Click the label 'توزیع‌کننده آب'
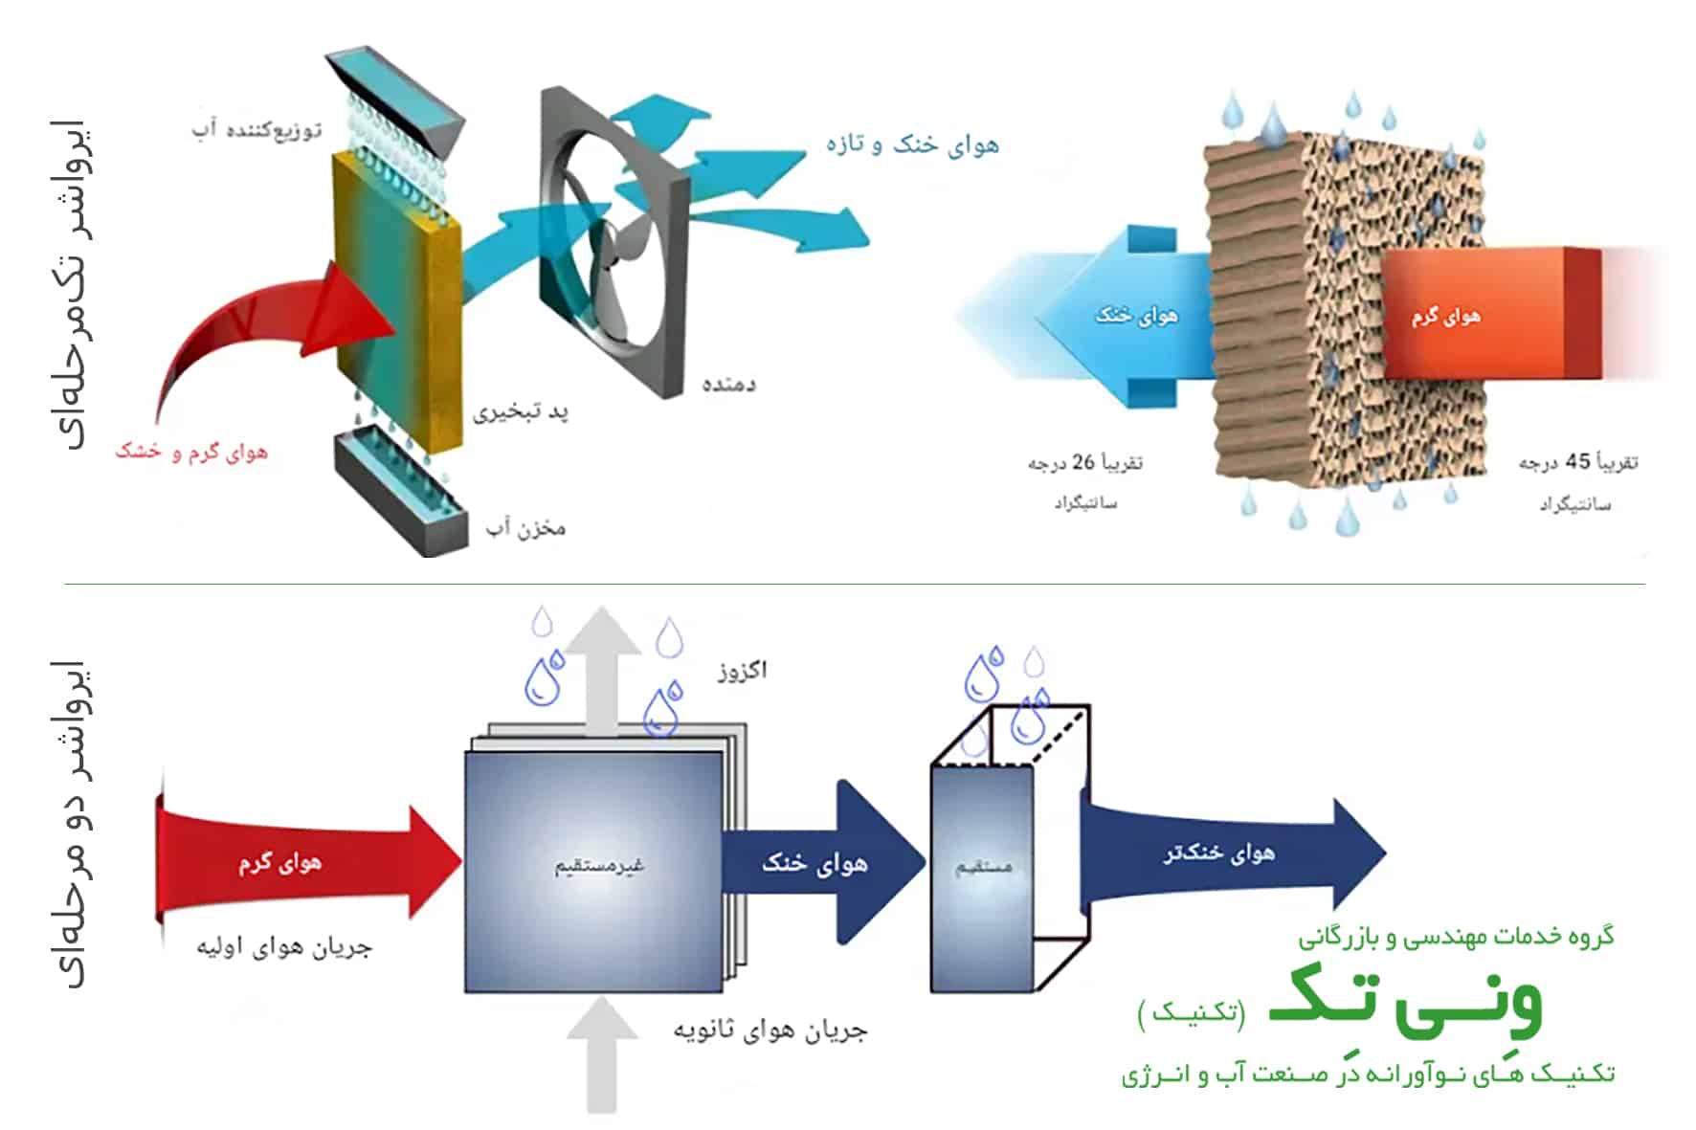pyautogui.click(x=257, y=129)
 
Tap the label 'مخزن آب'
pyautogui.click(x=525, y=527)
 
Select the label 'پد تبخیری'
pyautogui.click(x=521, y=412)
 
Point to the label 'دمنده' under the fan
pyautogui.click(x=728, y=384)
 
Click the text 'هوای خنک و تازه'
pyautogui.click(x=912, y=144)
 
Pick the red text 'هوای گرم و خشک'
pyautogui.click(x=191, y=451)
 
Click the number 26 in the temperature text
pyautogui.click(x=1082, y=461)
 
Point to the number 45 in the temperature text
pyautogui.click(x=1577, y=461)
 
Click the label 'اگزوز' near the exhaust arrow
pyautogui.click(x=743, y=670)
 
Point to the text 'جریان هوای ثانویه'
pyautogui.click(x=770, y=1030)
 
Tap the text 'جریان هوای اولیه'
pyautogui.click(x=284, y=947)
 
